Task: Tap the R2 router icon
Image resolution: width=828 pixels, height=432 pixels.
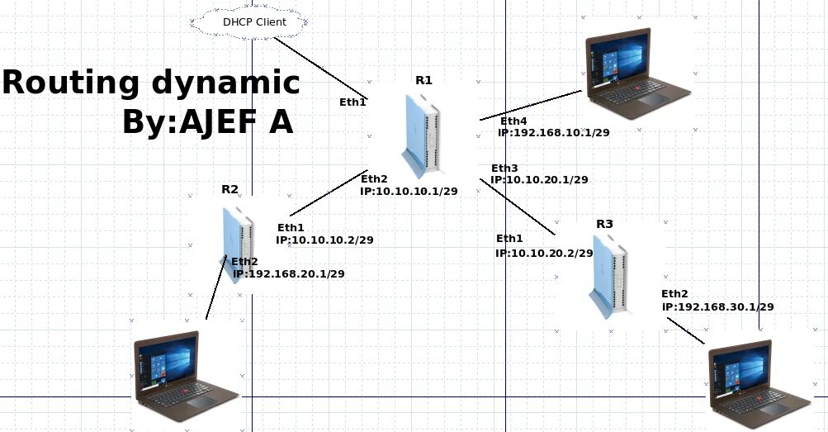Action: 237,244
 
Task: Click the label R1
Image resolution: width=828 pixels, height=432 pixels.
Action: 423,80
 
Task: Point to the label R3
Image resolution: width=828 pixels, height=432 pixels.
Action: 604,224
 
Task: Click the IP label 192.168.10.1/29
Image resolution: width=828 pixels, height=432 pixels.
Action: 554,132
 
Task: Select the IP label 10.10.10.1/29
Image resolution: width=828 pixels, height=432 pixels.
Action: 409,191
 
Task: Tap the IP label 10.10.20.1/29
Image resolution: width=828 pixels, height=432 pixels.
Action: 539,179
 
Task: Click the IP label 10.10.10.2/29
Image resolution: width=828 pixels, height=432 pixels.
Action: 324,240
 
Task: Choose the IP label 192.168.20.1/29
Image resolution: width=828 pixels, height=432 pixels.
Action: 288,273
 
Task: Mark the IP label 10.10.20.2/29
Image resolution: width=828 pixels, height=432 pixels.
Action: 544,254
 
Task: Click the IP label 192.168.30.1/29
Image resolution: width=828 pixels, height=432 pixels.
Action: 717,306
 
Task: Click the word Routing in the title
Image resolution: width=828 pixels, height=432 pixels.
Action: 70,83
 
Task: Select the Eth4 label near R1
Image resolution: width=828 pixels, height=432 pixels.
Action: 513,121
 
